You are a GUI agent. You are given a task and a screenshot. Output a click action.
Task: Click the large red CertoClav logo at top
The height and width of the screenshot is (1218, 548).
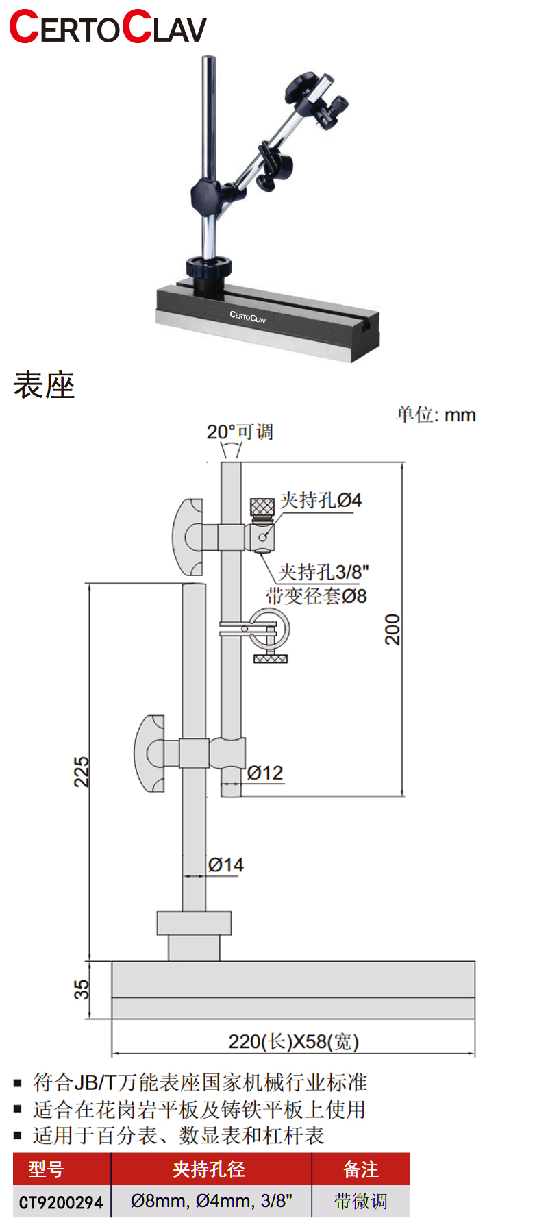click(108, 28)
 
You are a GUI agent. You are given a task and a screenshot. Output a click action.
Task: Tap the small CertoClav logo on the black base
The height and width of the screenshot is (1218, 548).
click(247, 316)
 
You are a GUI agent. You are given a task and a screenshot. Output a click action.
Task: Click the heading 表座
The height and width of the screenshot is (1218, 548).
click(44, 385)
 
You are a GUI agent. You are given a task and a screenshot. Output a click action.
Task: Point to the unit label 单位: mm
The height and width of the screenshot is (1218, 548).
click(436, 414)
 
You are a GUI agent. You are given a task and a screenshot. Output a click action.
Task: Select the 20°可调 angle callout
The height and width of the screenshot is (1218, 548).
click(240, 432)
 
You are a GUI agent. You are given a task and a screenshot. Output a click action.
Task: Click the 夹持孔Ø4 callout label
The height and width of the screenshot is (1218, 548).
click(321, 500)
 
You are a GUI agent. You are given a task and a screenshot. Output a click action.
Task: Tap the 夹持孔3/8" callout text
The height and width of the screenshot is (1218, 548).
click(324, 572)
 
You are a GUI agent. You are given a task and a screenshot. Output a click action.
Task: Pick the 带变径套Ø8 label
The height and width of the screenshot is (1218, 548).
click(316, 596)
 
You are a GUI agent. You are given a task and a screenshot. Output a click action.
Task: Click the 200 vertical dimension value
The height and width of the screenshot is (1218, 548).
click(392, 630)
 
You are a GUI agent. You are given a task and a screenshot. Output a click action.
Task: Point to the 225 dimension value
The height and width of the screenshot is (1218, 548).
click(82, 772)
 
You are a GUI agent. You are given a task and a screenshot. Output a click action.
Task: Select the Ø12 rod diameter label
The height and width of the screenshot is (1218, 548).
click(265, 773)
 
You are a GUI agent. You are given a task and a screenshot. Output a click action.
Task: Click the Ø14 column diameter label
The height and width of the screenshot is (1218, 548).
click(225, 866)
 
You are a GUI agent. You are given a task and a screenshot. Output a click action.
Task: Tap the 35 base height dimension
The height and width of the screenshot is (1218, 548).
click(82, 990)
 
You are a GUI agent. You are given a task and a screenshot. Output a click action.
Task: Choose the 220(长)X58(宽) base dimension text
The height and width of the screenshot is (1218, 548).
click(293, 1042)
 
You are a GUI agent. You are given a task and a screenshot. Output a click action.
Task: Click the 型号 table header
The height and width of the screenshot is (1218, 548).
click(46, 1169)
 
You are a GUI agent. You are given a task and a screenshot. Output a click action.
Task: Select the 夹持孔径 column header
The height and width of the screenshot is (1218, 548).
click(209, 1169)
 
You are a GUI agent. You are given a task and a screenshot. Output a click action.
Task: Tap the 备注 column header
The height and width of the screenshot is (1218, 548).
click(360, 1169)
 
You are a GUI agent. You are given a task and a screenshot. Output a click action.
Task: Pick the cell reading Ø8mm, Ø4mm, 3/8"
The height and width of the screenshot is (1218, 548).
click(211, 1201)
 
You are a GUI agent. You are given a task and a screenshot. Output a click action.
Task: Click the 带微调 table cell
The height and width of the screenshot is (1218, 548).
click(360, 1201)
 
